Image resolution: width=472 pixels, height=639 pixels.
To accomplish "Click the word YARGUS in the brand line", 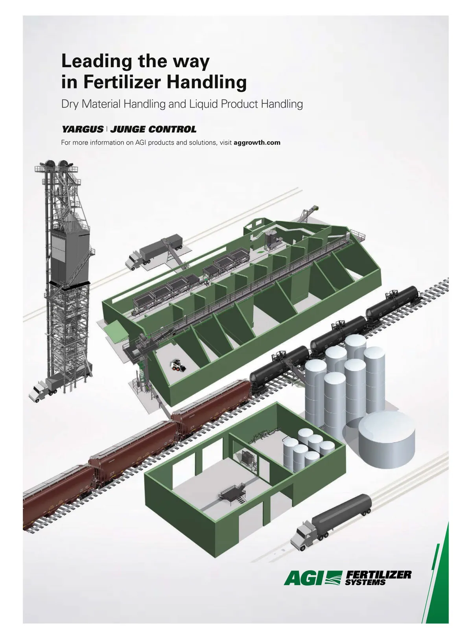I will (82, 129).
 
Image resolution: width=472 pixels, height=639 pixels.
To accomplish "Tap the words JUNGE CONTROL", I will (153, 129).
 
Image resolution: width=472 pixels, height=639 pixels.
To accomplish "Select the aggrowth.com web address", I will (257, 142).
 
